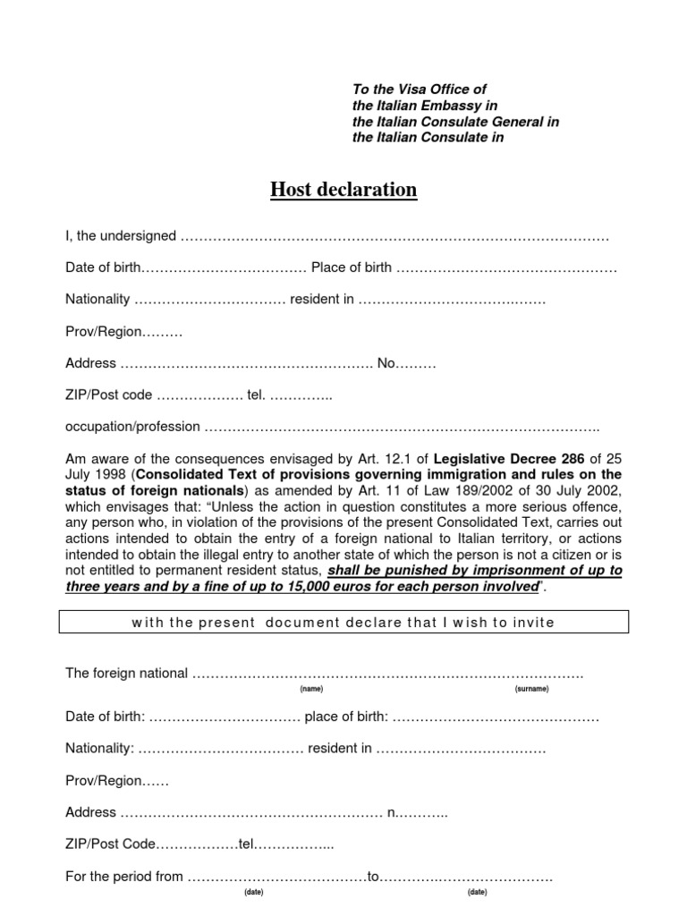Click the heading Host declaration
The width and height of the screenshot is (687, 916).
click(343, 190)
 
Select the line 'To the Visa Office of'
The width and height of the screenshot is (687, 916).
click(420, 89)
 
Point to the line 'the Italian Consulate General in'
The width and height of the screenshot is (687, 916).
click(455, 122)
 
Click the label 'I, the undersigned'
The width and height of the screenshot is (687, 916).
click(121, 235)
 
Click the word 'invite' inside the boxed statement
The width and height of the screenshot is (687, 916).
click(535, 623)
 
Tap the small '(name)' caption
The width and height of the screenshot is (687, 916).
click(311, 690)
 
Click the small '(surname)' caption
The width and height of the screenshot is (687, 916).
click(532, 690)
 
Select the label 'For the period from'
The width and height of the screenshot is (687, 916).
click(124, 877)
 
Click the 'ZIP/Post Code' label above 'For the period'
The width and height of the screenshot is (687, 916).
click(111, 844)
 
